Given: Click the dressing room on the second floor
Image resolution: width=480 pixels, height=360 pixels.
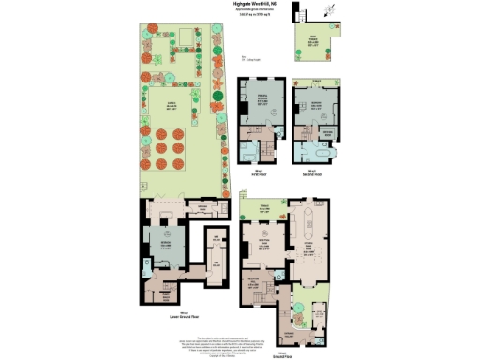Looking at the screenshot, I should (329, 134).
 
